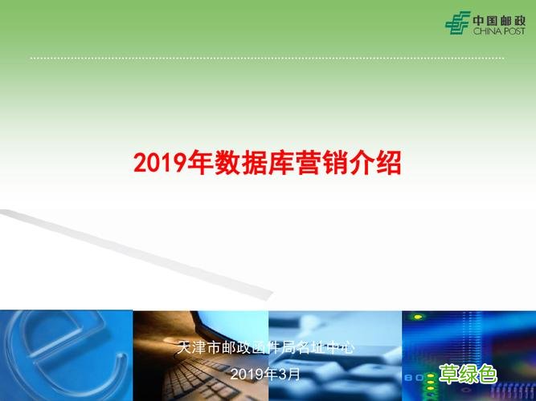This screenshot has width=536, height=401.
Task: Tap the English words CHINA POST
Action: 498,30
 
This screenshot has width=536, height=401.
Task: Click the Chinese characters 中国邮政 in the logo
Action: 498,19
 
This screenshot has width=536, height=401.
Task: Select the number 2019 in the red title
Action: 160,164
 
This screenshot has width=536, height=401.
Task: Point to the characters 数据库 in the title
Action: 239,164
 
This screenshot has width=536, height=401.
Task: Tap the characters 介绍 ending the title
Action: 373,164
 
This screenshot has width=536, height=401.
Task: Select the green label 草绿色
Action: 468,373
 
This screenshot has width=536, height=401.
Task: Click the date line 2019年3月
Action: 265,375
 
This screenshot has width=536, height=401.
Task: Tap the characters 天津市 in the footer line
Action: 196,349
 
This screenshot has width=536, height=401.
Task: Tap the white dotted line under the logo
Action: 265,58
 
